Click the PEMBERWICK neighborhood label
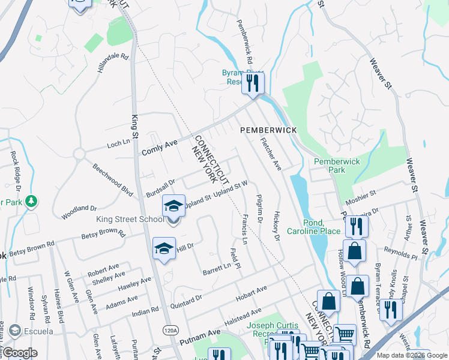tap(268, 130)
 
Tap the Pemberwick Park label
tap(338, 166)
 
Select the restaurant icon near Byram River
tap(253, 83)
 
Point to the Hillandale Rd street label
tap(113, 63)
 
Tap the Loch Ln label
tap(118, 143)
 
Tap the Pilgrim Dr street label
tap(259, 208)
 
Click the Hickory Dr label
tap(277, 226)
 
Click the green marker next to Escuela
tap(14, 331)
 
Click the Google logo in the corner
tap(20, 353)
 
